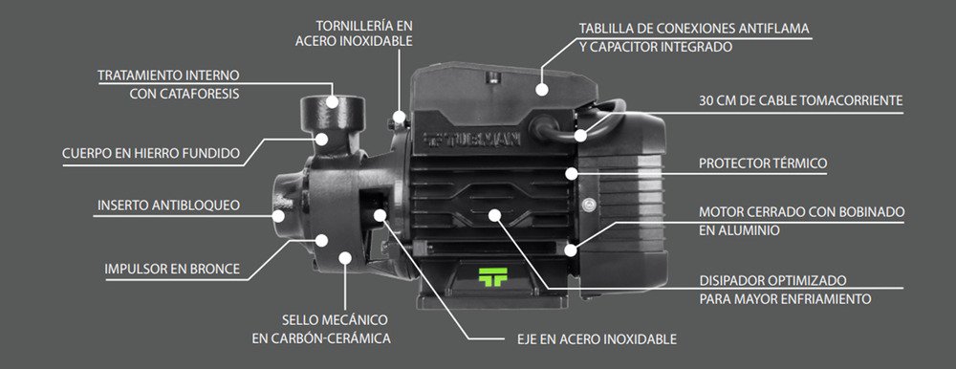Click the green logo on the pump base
pyautogui.click(x=491, y=275)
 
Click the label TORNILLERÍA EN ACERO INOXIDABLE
pyautogui.click(x=353, y=33)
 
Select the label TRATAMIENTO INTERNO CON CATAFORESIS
pyautogui.click(x=168, y=84)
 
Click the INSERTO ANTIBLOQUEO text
pyautogui.click(x=168, y=206)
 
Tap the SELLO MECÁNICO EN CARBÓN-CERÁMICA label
pyautogui.click(x=321, y=328)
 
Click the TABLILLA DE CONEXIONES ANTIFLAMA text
pyautogui.click(x=693, y=29)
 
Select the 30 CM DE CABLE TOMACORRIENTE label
pyautogui.click(x=800, y=99)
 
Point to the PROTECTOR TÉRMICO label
pyautogui.click(x=762, y=163)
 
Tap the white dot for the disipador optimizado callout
pyautogui.click(x=495, y=215)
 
